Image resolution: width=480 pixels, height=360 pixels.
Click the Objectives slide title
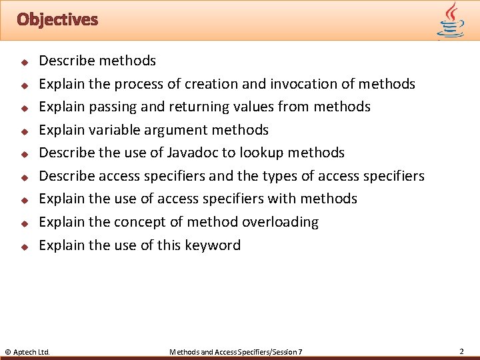[x=57, y=19]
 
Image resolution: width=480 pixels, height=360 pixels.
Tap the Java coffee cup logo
[x=451, y=20]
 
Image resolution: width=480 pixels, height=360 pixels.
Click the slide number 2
[x=461, y=351]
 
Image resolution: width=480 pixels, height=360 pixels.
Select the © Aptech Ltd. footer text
[x=27, y=351]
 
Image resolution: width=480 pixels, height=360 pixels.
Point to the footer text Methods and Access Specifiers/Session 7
[x=236, y=351]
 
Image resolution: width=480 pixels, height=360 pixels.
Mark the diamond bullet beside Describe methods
[x=23, y=62]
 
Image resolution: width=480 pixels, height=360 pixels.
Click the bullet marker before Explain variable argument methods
[x=23, y=131]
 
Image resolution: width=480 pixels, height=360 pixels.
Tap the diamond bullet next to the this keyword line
[x=23, y=247]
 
